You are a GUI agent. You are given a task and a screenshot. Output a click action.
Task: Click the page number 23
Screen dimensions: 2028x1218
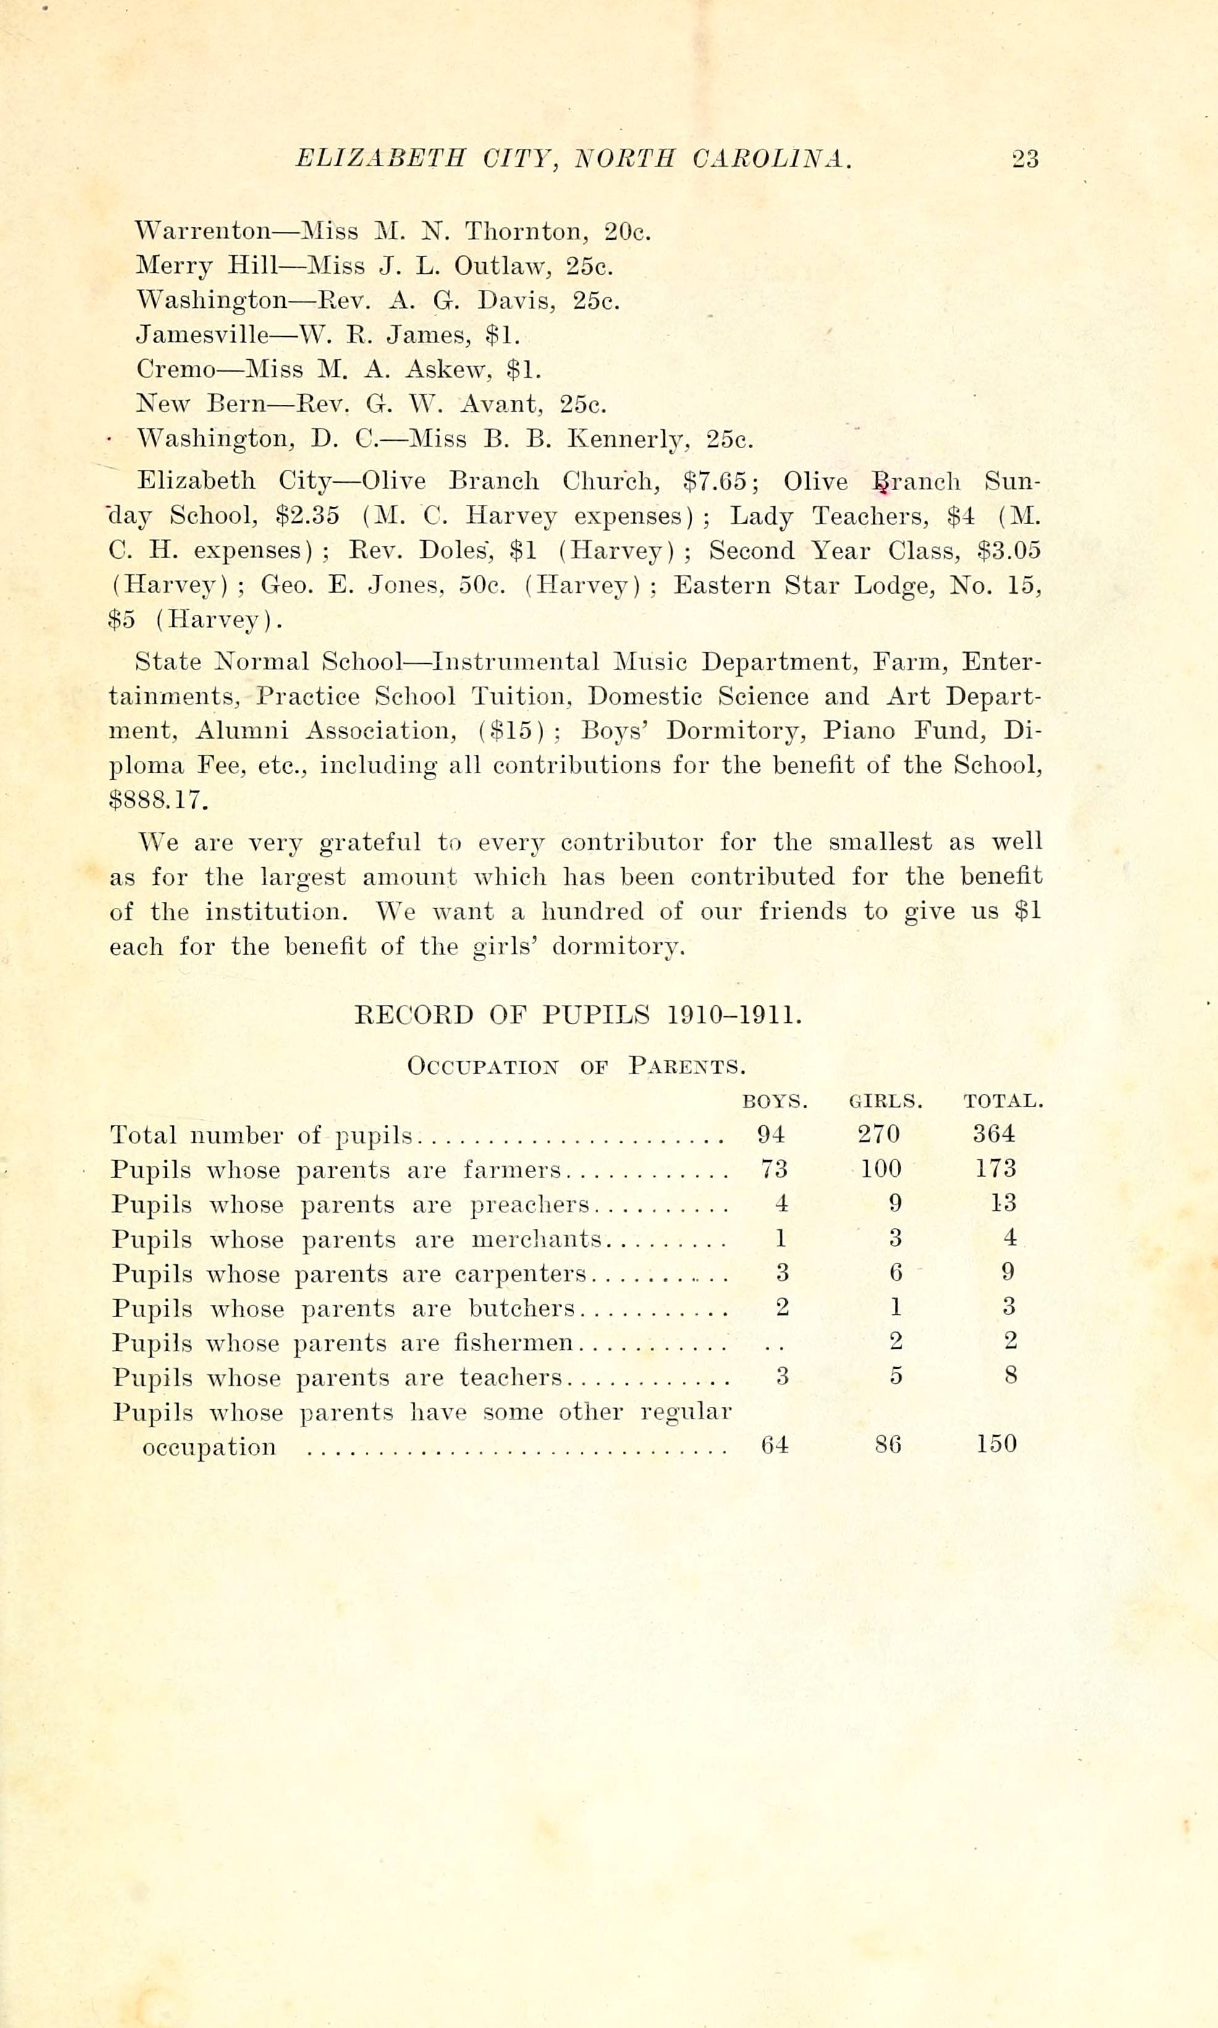click(1025, 158)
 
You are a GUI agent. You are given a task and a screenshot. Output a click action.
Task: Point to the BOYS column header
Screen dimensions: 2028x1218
click(775, 1101)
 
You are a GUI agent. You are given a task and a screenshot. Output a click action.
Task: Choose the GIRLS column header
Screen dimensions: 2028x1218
click(886, 1101)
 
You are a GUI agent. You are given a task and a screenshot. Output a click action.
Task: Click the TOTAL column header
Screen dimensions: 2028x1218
click(1003, 1101)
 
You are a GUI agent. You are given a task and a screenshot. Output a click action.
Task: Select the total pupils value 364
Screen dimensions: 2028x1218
click(994, 1134)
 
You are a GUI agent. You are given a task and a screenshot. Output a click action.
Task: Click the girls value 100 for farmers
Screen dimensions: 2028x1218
click(881, 1169)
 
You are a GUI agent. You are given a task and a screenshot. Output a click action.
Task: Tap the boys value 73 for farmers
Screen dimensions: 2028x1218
click(772, 1169)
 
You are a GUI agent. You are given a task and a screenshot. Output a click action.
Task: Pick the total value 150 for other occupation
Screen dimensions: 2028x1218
click(996, 1444)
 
